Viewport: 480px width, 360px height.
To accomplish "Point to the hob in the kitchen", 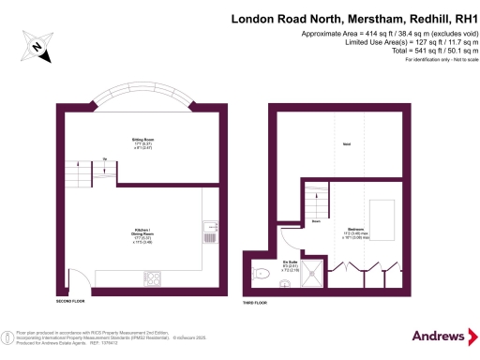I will point(153,277).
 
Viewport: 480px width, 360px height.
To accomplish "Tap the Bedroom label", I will point(355,229).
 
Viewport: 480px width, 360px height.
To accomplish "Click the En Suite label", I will point(292,264).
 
